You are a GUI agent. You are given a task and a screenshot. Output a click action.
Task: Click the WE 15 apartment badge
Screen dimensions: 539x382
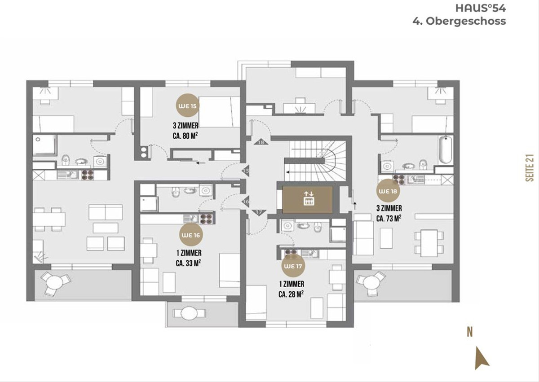click(x=188, y=105)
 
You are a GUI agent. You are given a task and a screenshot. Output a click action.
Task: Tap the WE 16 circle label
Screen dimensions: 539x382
click(x=191, y=235)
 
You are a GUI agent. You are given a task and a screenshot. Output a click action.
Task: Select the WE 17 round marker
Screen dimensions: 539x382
click(x=293, y=266)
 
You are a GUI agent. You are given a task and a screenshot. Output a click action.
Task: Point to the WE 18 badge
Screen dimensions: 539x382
click(x=388, y=191)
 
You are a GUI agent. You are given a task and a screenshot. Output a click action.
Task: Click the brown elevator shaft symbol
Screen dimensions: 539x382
click(x=308, y=199)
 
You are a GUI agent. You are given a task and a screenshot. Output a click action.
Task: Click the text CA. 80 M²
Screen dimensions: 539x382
click(x=185, y=136)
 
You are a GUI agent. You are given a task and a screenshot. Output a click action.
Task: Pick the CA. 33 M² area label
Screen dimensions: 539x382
click(x=188, y=263)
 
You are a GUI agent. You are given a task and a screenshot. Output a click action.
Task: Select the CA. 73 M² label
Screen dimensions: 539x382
click(x=389, y=218)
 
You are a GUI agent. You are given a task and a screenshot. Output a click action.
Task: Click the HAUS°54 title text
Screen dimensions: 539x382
click(x=481, y=9)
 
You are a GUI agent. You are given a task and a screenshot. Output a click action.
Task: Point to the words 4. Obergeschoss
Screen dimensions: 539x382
click(x=459, y=21)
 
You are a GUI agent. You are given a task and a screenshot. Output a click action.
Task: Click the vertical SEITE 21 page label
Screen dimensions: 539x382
click(x=530, y=167)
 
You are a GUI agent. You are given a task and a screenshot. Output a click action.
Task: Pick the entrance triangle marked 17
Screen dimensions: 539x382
click(x=259, y=212)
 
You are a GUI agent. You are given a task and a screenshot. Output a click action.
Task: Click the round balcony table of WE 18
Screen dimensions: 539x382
click(x=371, y=283)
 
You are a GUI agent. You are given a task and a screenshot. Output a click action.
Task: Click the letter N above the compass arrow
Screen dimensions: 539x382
click(x=470, y=333)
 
